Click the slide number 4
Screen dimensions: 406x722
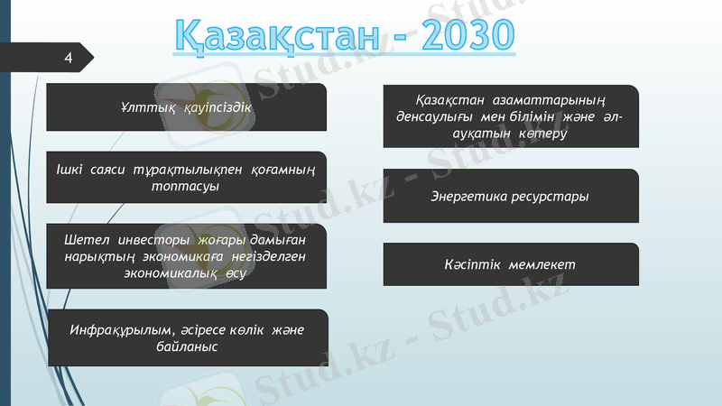68,58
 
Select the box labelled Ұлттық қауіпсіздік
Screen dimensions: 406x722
186,106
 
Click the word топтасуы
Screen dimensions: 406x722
186,186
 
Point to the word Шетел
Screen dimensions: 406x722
88,240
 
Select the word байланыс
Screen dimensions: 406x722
187,346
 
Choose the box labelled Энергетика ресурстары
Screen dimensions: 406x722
511,196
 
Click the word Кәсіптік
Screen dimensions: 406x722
474,264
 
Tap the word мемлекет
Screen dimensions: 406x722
542,264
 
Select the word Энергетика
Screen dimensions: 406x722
469,196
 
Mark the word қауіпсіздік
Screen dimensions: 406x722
216,107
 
